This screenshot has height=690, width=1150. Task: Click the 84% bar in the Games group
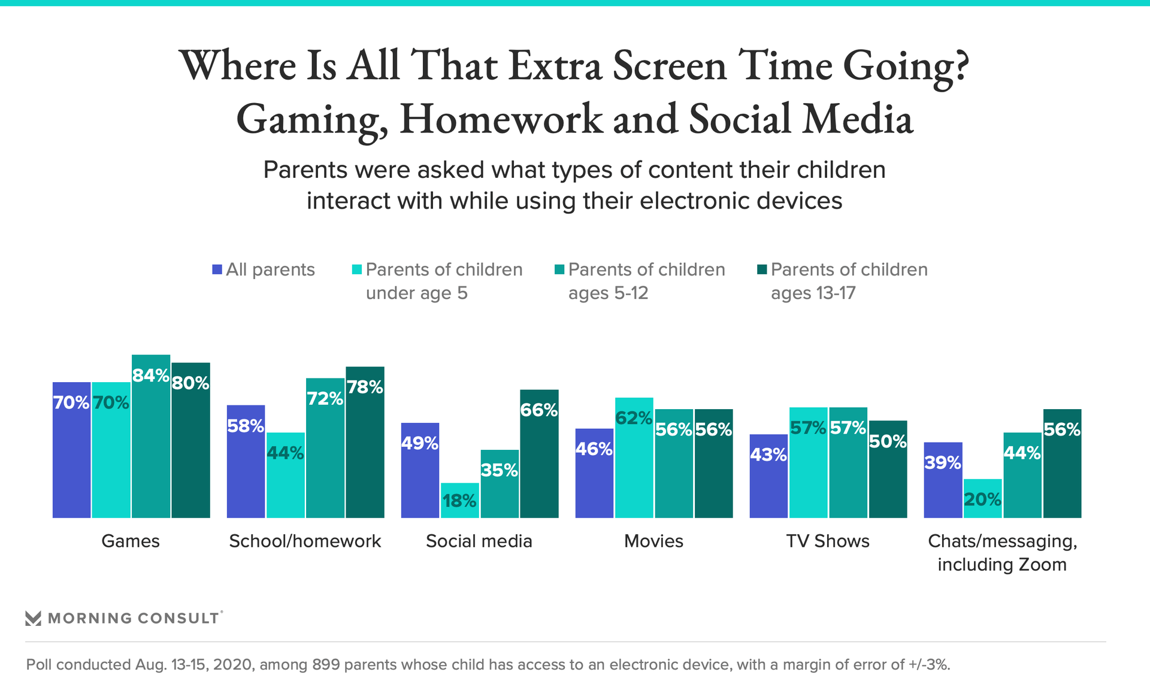tap(151, 437)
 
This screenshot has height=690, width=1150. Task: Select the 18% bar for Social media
tap(459, 501)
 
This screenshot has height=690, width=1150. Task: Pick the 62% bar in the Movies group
tap(634, 458)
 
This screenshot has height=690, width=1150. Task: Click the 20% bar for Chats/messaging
tap(982, 499)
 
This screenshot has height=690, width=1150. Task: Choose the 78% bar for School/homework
tap(365, 443)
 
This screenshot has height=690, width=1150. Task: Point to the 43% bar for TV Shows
tap(768, 476)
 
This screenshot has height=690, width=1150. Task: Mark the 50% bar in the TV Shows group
tap(888, 470)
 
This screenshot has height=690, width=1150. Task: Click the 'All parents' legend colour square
tap(217, 270)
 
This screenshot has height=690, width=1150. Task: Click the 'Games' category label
tap(131, 541)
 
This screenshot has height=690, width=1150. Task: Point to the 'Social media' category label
tap(479, 541)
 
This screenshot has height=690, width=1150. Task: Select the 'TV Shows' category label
tap(828, 541)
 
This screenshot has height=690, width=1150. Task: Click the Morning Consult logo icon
tap(34, 618)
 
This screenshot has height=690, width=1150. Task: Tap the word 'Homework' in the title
tap(501, 119)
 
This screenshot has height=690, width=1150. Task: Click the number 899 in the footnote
tap(326, 664)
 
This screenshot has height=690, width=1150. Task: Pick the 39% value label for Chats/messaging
tap(943, 462)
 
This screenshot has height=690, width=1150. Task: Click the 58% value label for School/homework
tap(246, 426)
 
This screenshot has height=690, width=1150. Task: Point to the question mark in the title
tap(958, 66)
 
